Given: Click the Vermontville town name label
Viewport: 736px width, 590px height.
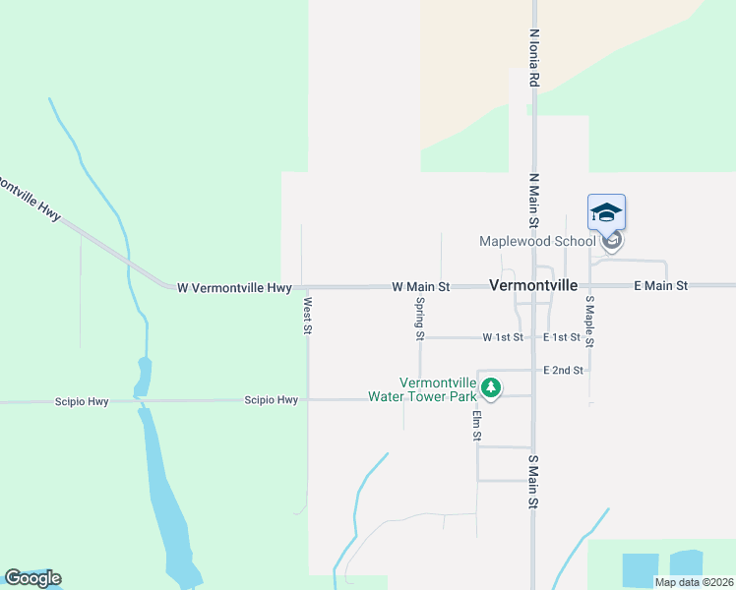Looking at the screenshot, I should [x=533, y=285].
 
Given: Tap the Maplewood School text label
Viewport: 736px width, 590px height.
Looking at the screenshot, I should [x=537, y=241].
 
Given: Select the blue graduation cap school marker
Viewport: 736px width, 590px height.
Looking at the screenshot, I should [x=607, y=213].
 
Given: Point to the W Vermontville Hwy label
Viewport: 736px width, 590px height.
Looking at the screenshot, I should [x=234, y=288].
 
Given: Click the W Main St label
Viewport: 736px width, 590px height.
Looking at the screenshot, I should [x=420, y=286].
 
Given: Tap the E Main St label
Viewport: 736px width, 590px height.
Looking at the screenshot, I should [x=660, y=285].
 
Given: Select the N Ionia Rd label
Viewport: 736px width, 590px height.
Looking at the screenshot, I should [x=534, y=57].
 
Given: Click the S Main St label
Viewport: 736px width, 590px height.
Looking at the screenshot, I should [x=533, y=482].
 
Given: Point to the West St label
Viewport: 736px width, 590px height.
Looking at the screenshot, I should [x=308, y=316].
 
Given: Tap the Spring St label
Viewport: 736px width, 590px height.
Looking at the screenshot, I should [x=420, y=319].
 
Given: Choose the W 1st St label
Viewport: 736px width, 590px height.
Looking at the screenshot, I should [x=503, y=337].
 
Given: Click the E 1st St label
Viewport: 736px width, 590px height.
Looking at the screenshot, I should [x=562, y=337].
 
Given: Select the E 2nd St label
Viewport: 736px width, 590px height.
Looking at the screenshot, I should [x=564, y=371].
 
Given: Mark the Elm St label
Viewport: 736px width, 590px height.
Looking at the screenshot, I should [x=476, y=426].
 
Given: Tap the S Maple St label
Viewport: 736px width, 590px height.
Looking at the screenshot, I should [x=589, y=322].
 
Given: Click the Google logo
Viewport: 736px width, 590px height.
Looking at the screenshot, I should [x=32, y=578].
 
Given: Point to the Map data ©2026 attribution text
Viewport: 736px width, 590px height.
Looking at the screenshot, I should [x=695, y=582].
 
